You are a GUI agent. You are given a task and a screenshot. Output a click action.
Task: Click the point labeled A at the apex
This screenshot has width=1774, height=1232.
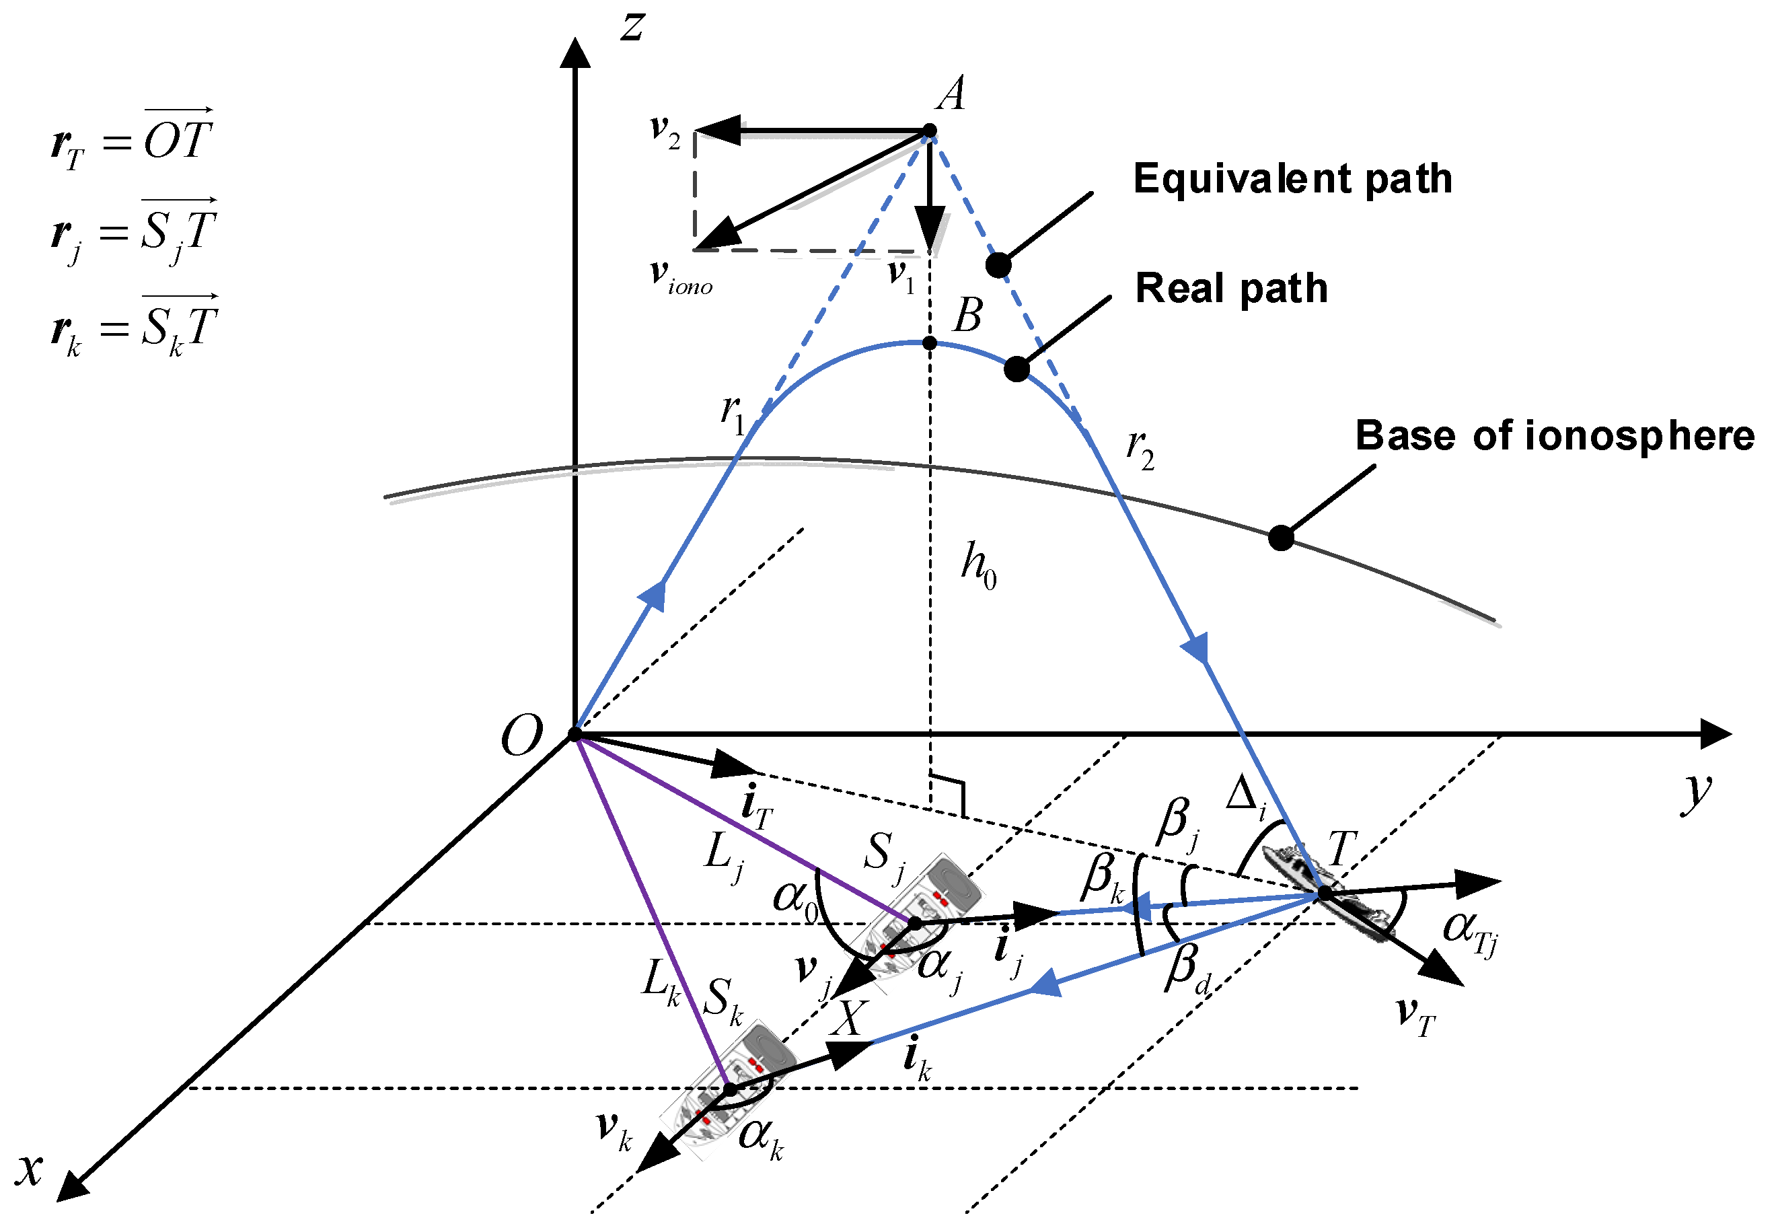pos(930,131)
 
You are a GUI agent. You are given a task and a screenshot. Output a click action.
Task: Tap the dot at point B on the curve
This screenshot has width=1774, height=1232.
pos(930,342)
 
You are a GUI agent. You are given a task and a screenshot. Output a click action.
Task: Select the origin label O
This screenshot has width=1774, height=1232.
pos(521,735)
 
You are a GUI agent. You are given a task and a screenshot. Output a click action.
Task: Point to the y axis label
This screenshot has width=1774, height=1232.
pos(1697,793)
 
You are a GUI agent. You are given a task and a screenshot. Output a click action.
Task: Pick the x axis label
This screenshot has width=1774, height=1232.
pos(30,1169)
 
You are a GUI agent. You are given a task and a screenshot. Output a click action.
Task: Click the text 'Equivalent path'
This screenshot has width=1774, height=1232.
pos(1292,179)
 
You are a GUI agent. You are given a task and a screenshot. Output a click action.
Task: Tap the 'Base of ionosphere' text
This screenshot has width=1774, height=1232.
pos(1554,436)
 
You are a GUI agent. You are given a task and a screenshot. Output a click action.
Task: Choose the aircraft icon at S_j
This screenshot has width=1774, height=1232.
pos(918,914)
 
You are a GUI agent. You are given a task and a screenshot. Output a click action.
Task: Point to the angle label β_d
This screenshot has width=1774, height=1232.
pos(1188,970)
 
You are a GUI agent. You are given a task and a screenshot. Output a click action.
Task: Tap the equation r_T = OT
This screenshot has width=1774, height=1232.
pos(131,141)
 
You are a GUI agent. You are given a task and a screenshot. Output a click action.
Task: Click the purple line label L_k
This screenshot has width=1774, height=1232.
pos(661,982)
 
